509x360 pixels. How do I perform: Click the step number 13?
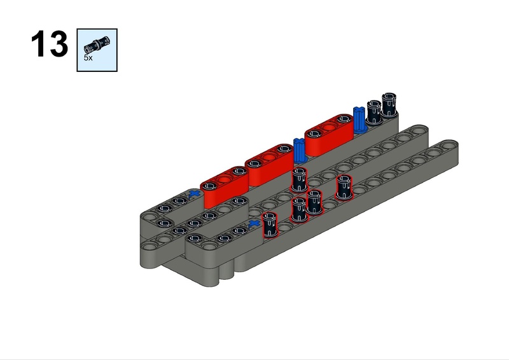coord(50,44)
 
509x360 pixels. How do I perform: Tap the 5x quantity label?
coord(88,58)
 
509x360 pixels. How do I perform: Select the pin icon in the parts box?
coord(97,45)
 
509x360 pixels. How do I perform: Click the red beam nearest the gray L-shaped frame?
coord(225,186)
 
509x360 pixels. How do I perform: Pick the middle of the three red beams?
coord(269,165)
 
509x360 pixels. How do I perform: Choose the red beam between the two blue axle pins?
coord(329,134)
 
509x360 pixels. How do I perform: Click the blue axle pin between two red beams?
coord(300,150)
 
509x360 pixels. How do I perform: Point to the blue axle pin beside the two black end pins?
coord(359,120)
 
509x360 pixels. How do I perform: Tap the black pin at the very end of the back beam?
coord(389,104)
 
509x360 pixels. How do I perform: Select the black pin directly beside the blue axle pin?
coord(374,112)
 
